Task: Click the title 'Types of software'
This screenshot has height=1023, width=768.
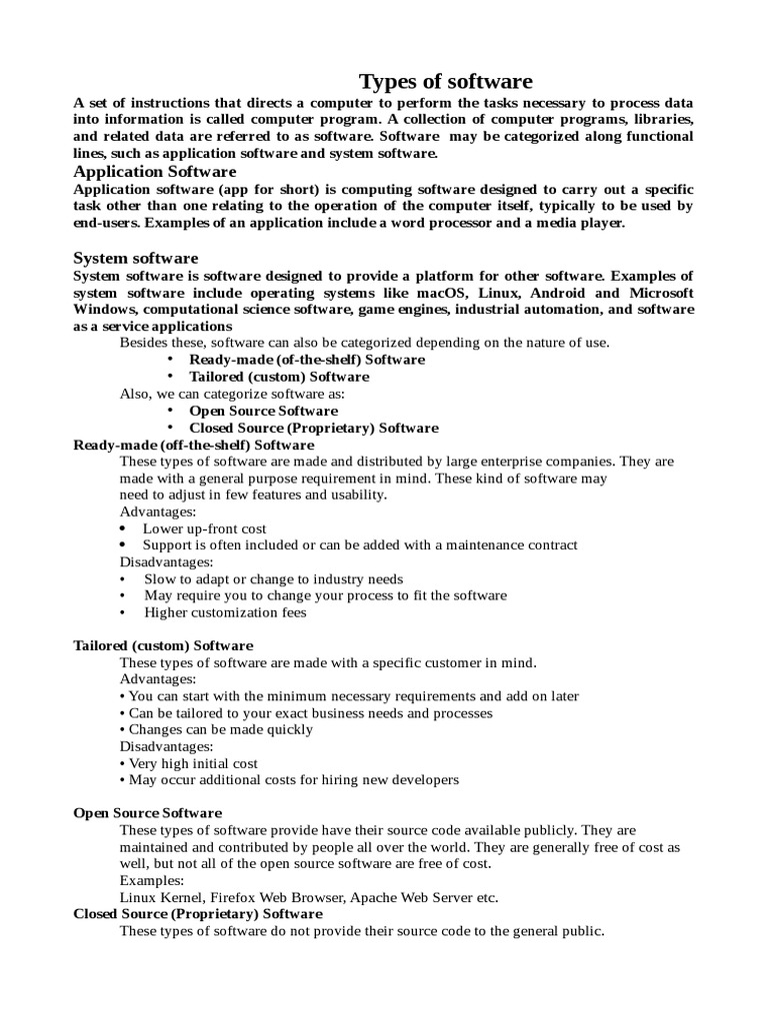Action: click(x=445, y=82)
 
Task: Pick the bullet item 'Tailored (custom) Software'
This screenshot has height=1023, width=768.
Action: click(x=279, y=377)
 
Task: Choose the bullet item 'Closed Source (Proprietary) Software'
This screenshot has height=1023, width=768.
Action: click(x=314, y=428)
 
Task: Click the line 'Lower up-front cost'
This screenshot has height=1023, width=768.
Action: click(x=204, y=528)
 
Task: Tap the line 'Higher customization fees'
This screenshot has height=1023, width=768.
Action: click(x=225, y=612)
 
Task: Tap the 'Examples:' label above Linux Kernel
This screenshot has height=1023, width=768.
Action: click(x=152, y=881)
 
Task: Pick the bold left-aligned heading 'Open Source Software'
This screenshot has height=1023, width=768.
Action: click(x=148, y=813)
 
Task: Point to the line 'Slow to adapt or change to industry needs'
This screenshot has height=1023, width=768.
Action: click(x=274, y=579)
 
